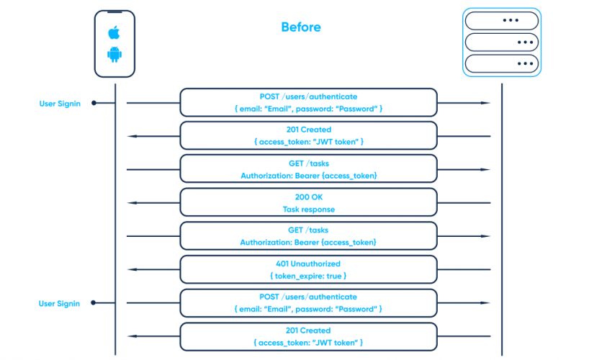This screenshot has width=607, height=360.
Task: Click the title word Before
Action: point(301,27)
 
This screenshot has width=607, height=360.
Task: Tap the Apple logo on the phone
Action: point(114,32)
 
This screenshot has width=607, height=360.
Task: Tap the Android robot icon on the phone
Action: point(114,54)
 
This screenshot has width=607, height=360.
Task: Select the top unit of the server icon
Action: point(501,19)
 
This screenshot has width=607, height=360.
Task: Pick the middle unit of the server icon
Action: point(501,42)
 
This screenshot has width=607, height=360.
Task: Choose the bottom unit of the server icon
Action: point(501,63)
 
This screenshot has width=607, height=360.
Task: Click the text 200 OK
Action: point(308,197)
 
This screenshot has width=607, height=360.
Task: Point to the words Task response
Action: point(308,210)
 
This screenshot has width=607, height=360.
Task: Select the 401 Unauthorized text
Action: point(308,264)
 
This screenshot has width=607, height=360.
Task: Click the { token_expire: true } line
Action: point(308,276)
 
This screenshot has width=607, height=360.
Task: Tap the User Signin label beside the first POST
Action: point(60,104)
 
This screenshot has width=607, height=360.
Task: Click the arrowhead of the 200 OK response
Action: point(131,203)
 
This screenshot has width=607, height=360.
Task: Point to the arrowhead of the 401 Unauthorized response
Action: point(131,270)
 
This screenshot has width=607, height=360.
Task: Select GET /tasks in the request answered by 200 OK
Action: point(308,163)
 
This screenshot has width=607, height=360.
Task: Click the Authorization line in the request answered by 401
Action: point(308,243)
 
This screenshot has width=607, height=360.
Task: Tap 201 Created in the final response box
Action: point(308,330)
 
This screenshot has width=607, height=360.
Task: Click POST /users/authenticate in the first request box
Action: point(308,96)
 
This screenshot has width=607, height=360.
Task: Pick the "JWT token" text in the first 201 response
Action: point(336,142)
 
